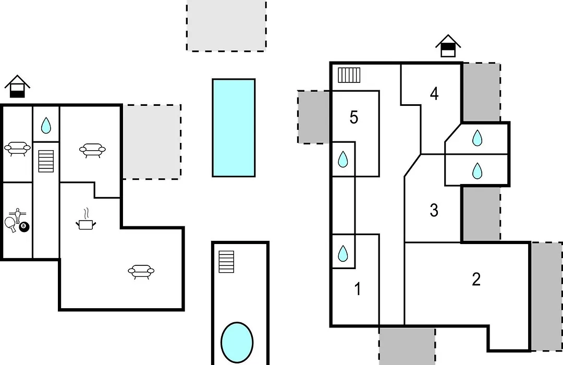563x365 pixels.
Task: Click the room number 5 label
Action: pos(353,117)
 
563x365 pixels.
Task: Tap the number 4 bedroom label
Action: pos(434,94)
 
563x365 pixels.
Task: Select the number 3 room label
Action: pos(434,210)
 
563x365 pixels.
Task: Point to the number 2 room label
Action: pos(476,279)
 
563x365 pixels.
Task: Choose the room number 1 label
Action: pos(357,289)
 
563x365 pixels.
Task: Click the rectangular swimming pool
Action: pos(234,128)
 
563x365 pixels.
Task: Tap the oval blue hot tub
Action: pos(237,343)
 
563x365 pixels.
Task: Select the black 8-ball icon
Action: pos(24,226)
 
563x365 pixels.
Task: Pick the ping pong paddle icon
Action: pos(10,225)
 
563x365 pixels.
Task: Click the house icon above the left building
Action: pos(17,86)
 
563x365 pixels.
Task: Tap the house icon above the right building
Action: pos(448,46)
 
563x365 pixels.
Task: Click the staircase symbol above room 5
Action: pos(349,75)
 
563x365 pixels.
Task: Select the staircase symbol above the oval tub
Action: pos(226,262)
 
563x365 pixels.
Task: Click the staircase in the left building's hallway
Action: pos(46,161)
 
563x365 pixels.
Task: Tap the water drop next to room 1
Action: pos(343,253)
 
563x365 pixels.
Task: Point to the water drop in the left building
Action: pos(46,125)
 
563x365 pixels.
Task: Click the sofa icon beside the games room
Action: pos(17,149)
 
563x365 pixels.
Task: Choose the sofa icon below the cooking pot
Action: pos(141,272)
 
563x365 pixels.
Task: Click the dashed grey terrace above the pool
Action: pos(227,26)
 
